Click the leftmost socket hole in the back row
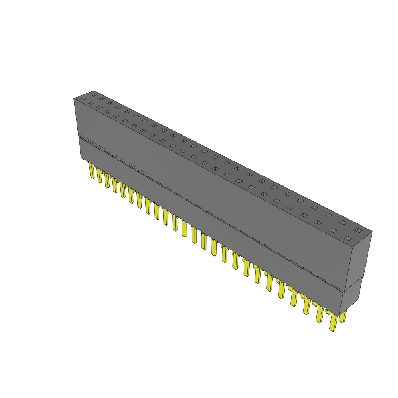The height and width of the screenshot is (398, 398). coord(94,95)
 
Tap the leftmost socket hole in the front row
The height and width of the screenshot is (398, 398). coord(83,99)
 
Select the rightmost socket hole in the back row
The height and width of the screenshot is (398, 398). coord(358,230)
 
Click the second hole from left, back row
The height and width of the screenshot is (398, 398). coord(102,99)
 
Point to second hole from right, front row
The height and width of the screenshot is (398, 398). coord(333,230)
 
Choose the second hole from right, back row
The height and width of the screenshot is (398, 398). coord(343,222)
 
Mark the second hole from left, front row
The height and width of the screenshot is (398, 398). coord(91,103)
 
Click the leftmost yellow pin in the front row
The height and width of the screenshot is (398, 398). coord(92,171)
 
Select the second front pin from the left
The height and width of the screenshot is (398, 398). coord(99,175)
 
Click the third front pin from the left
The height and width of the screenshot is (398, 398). coord(107,180)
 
